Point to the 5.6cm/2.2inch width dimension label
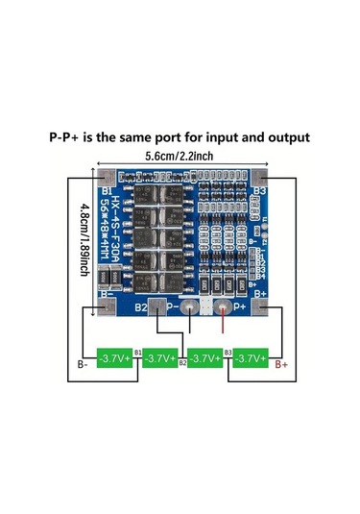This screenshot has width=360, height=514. pos(180,156)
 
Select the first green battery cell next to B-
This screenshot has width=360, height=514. pos(114,358)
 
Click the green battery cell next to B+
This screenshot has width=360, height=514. pos(252,358)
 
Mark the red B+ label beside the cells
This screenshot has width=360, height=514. pos(283,365)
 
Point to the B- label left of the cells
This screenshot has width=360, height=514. pos(84,365)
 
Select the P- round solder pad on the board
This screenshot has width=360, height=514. pos(196,308)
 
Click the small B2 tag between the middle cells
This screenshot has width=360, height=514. pos(182,365)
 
